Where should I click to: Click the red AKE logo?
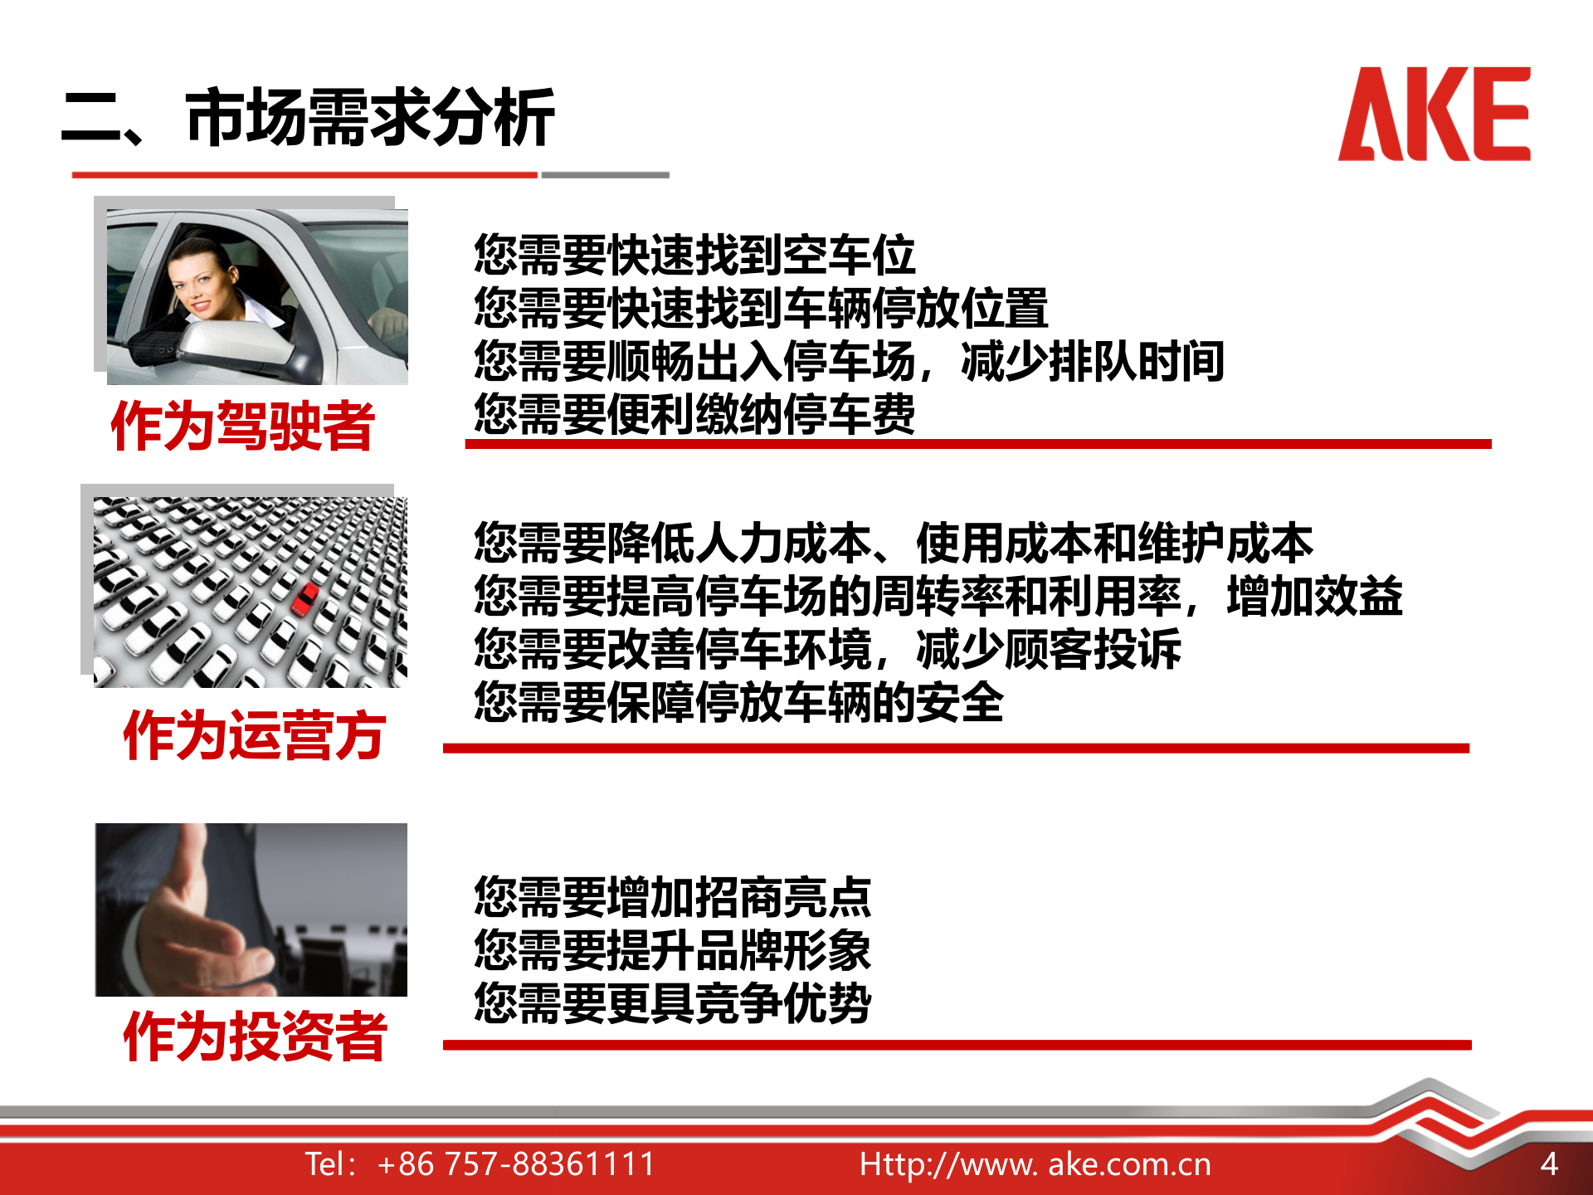pyautogui.click(x=1434, y=115)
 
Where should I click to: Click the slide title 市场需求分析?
pyautogui.click(x=370, y=118)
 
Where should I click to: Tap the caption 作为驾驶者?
pyautogui.click(x=242, y=427)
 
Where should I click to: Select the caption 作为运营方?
pyautogui.click(x=254, y=735)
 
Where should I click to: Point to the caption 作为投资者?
pyautogui.click(x=254, y=1036)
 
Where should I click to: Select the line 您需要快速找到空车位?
pyautogui.click(x=694, y=255)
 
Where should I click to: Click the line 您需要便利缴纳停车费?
pyautogui.click(x=694, y=413)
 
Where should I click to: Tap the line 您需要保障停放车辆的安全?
pyautogui.click(x=738, y=702)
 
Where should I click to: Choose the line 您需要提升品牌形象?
pyautogui.click(x=672, y=950)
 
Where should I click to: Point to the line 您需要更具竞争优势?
pyautogui.click(x=672, y=1003)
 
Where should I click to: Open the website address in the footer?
pyautogui.click(x=1035, y=1164)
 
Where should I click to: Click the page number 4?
pyautogui.click(x=1548, y=1164)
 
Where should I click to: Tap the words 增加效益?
pyautogui.click(x=1314, y=597)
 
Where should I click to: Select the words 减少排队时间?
pyautogui.click(x=1092, y=361)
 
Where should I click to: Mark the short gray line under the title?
pyautogui.click(x=606, y=175)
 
